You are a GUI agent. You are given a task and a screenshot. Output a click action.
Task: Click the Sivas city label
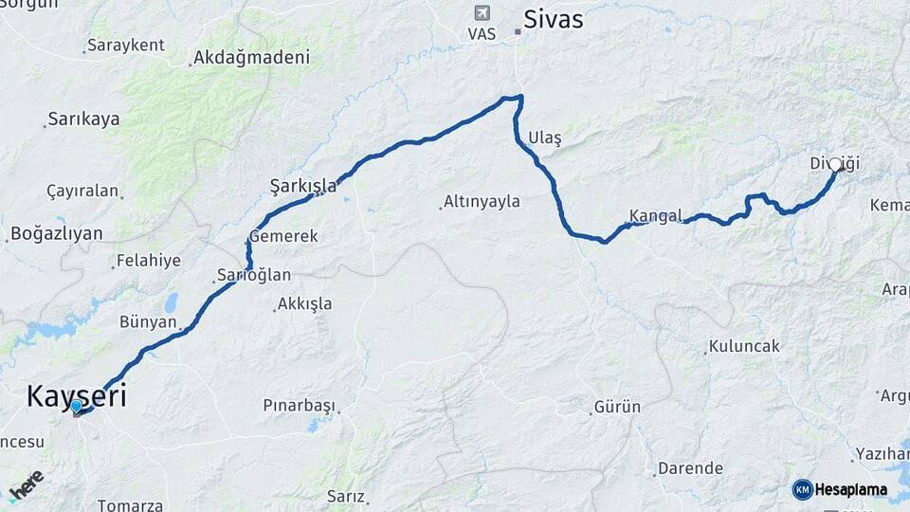coord(554,20)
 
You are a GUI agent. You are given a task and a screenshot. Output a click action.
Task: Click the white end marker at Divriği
coord(835,165)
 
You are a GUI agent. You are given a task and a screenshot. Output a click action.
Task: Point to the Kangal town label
coord(656,216)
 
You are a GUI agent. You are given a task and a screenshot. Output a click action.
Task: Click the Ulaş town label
coord(545,138)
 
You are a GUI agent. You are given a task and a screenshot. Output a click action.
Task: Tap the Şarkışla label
coord(303,186)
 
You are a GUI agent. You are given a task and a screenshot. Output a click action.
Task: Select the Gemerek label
coord(283,236)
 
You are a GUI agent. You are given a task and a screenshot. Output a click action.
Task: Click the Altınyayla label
coord(481,202)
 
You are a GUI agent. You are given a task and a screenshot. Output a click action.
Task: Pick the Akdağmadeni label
coord(251,58)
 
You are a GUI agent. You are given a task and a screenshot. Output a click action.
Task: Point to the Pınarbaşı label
coord(300,406)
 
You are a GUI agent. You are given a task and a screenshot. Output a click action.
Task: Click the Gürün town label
coord(617,408)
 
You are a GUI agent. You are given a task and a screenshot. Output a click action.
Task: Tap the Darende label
coord(689,468)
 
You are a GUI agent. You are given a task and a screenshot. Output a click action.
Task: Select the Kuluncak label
coord(744,346)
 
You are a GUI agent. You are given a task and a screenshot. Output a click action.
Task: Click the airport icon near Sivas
coord(482,13)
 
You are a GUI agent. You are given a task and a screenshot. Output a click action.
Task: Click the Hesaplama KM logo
coord(840,489)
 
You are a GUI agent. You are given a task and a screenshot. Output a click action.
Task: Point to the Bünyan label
coord(148,322)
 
